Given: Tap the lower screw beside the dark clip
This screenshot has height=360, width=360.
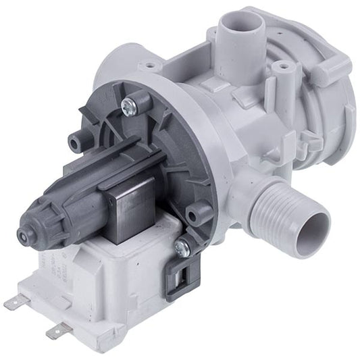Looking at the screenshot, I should coord(180,248).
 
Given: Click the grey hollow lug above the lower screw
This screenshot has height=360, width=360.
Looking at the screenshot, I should coord(199,215).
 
